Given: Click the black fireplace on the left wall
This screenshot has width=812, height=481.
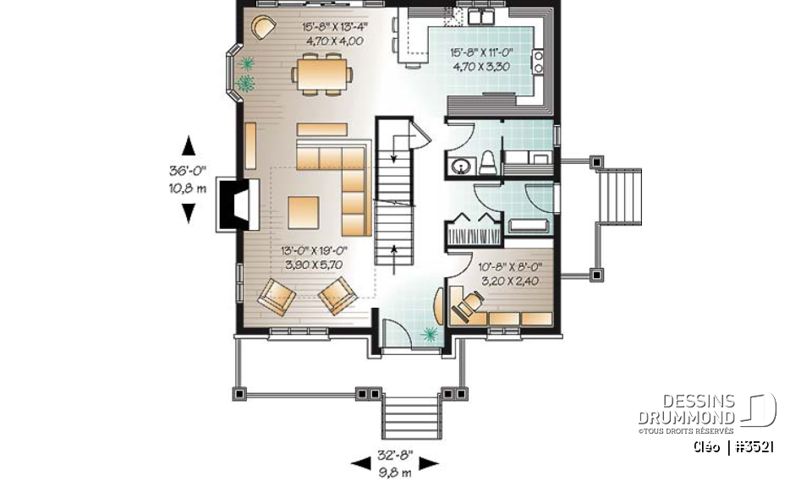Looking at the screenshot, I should coord(232,204).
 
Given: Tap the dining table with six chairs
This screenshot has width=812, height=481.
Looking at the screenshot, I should coord(321,71).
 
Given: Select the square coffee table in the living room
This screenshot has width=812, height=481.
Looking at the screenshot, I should coord(304,212).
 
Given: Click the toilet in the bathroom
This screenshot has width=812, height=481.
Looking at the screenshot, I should coord(487,162).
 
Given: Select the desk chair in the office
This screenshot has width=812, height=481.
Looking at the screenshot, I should coord(470,300).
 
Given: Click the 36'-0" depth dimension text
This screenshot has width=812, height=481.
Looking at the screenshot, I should coord(188,172).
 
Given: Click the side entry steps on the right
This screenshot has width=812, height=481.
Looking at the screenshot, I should coord(619,194).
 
